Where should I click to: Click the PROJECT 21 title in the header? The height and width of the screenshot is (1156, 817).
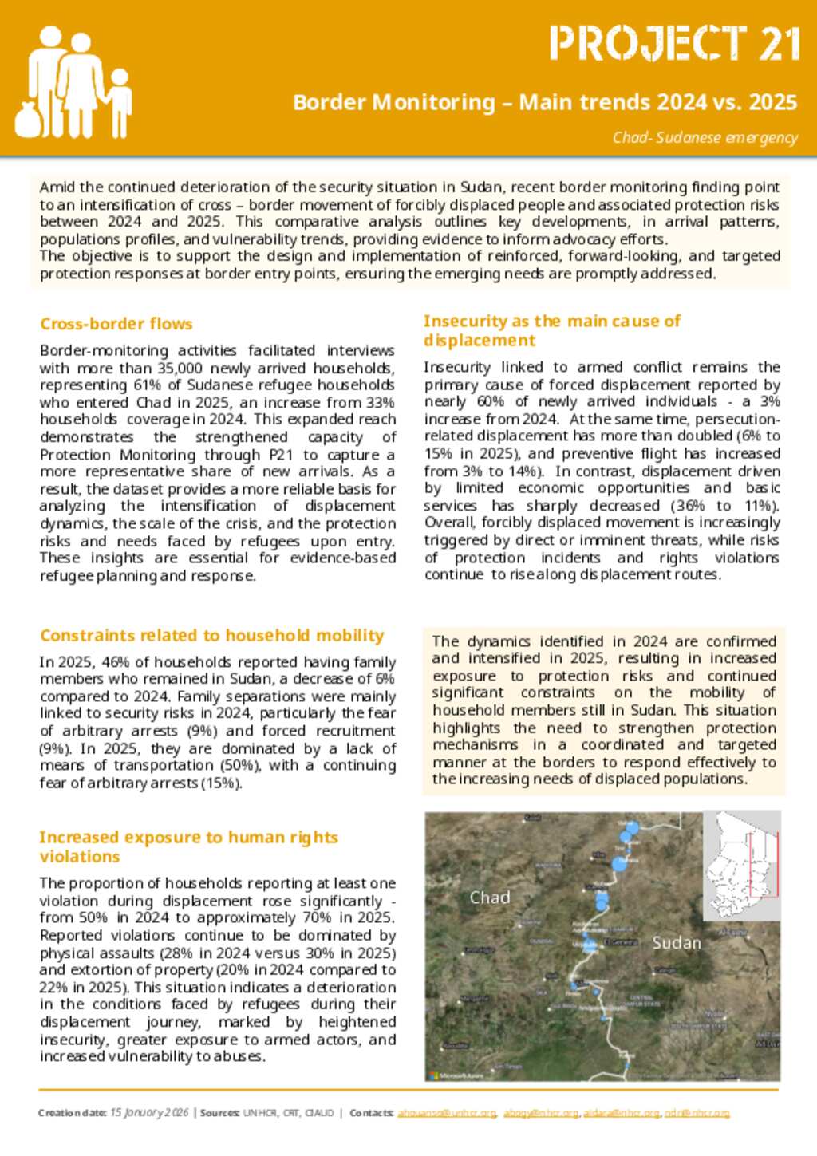(x=674, y=44)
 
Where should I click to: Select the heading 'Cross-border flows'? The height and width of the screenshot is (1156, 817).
(x=116, y=324)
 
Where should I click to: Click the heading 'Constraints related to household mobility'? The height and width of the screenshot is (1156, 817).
(x=212, y=636)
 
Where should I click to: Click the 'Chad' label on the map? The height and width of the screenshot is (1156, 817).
(x=490, y=898)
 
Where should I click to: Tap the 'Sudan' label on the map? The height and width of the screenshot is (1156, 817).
(x=677, y=943)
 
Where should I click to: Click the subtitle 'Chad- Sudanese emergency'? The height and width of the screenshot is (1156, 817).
(x=705, y=137)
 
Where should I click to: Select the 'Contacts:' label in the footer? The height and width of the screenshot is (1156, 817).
(x=371, y=1112)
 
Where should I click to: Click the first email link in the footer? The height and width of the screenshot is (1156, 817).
(x=447, y=1112)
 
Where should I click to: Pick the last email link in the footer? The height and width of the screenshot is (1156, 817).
(x=697, y=1112)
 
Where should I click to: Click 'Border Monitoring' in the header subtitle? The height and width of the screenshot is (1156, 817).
(x=394, y=102)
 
